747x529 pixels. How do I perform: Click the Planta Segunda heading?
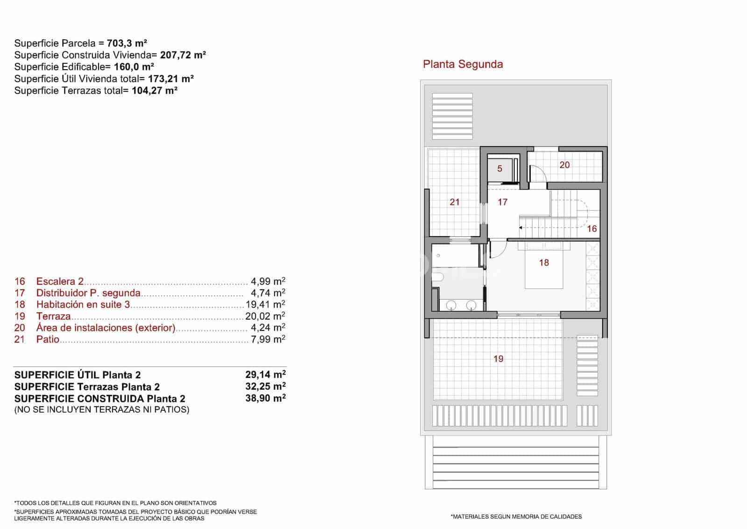(463, 64)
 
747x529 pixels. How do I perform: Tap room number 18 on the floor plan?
(544, 263)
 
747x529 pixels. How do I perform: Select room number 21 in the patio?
(455, 202)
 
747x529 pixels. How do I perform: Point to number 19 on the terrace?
(499, 359)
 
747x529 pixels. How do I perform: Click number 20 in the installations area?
(564, 165)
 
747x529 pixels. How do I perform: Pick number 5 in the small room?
(500, 169)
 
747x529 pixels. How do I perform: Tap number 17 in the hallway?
(502, 202)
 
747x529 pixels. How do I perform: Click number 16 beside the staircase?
(592, 229)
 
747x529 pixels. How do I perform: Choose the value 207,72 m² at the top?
(183, 55)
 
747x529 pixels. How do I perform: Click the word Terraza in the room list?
(53, 316)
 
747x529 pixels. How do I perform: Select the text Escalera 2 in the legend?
(60, 281)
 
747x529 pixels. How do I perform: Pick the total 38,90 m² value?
(265, 399)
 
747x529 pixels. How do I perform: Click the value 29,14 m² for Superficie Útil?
(265, 375)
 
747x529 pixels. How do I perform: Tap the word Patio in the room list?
(48, 339)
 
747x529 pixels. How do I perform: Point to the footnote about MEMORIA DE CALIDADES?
(516, 516)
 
